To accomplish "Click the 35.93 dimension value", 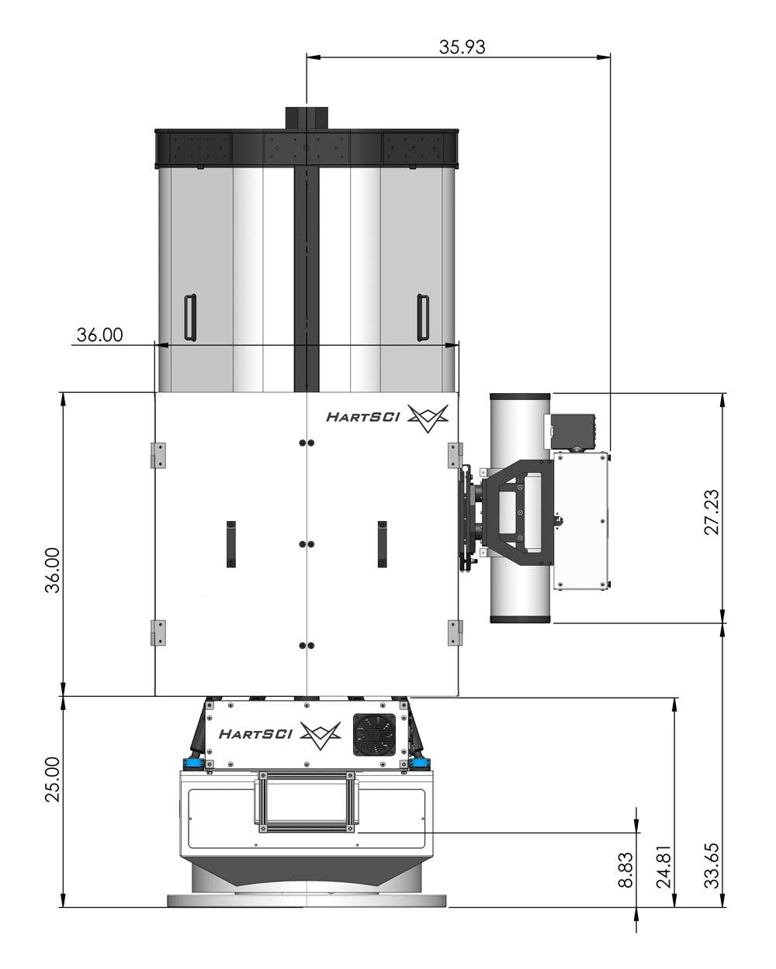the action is [462, 47].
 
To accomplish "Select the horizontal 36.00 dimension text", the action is [99, 335].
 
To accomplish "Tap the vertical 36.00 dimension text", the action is [53, 570].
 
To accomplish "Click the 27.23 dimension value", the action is [712, 512].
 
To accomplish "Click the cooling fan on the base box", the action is [374, 734].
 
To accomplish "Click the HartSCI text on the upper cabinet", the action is [362, 417].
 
